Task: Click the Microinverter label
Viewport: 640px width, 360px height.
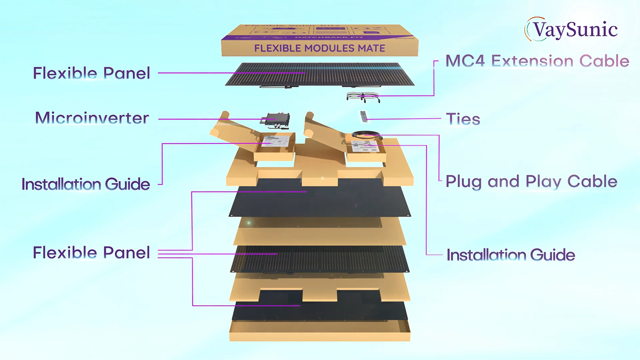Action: click(92, 118)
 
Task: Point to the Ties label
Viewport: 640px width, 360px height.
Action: click(463, 119)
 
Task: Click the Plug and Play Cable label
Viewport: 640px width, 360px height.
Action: click(531, 181)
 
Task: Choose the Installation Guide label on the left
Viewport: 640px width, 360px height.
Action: click(86, 185)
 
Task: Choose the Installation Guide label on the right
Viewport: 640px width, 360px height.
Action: click(510, 254)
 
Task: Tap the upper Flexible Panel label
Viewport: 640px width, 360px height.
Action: click(92, 73)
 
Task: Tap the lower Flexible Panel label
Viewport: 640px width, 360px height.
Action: click(92, 252)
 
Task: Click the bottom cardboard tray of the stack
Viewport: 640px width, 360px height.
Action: click(320, 331)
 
